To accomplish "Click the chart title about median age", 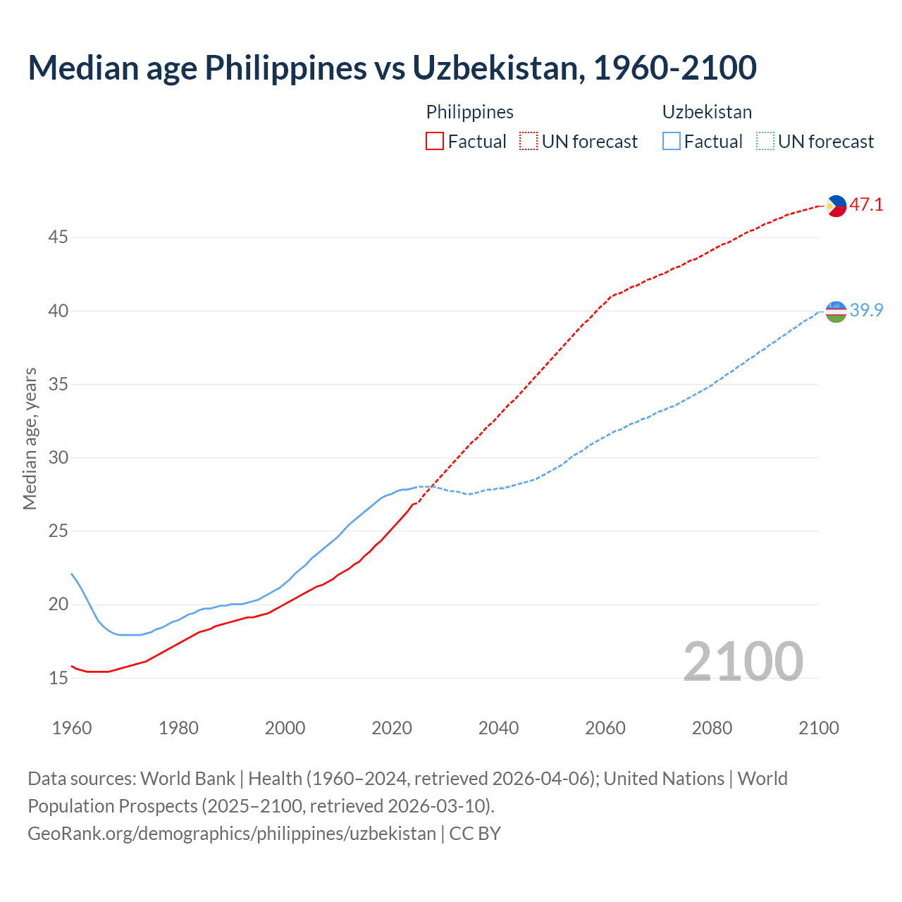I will (x=392, y=68).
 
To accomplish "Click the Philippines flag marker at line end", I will (x=836, y=206).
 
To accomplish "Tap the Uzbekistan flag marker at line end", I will (x=836, y=311).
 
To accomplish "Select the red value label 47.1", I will (x=866, y=205).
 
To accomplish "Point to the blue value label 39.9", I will (x=866, y=310).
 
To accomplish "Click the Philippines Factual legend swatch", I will (x=435, y=142).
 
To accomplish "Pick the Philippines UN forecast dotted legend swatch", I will (x=529, y=142).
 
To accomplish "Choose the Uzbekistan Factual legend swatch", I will (x=672, y=142).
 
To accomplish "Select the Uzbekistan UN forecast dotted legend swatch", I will (x=765, y=142).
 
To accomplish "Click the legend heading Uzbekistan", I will (x=707, y=112).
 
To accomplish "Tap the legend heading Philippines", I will (x=469, y=112).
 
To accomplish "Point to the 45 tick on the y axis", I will (x=58, y=237).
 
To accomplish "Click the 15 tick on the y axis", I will (x=58, y=679).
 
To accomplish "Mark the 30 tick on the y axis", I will (x=58, y=458).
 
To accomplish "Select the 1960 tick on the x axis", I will (x=72, y=728).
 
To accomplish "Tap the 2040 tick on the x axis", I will (x=498, y=728).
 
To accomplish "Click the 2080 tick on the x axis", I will (x=712, y=728).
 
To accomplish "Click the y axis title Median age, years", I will (x=30, y=438).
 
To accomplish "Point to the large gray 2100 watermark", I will (x=743, y=661).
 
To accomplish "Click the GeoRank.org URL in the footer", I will (x=232, y=834).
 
